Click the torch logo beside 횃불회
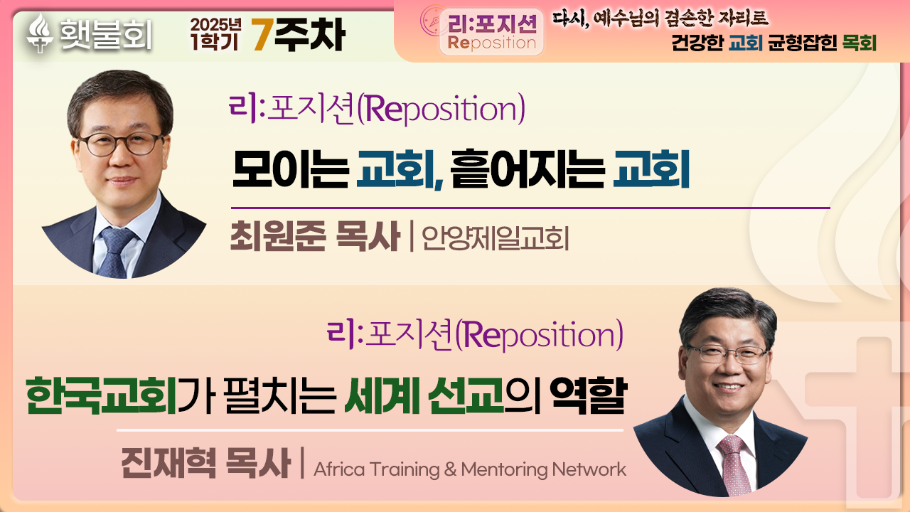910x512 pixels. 40,33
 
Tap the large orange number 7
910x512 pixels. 262,35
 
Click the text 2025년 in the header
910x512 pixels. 215,25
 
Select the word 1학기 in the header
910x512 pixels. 215,42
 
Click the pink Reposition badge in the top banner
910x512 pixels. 491,33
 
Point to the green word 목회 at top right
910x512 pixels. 860,43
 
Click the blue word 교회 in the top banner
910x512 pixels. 746,43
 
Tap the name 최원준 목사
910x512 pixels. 315,236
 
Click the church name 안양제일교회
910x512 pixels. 496,238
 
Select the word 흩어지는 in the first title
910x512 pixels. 528,169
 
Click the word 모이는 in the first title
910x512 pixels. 291,169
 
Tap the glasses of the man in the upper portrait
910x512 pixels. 121,144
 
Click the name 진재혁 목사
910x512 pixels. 206,463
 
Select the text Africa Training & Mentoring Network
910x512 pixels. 470,469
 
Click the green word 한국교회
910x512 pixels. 101,395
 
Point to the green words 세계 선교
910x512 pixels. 424,395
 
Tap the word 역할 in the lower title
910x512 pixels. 589,395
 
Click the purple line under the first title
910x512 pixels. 530,208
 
